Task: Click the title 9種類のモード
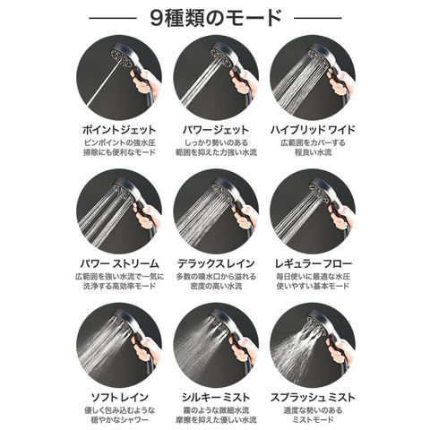pos(216,19)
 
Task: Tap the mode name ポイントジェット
pos(119,130)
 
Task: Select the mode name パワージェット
pos(216,130)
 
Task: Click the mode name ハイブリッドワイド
pos(313,130)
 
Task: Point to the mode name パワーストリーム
pos(119,263)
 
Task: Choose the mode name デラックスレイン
pos(216,263)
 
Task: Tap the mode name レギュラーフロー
pos(313,263)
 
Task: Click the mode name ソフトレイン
pos(119,397)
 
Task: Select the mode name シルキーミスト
pos(216,397)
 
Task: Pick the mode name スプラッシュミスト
pos(313,397)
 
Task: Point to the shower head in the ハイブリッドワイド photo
pos(320,56)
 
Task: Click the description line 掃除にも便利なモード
pos(119,152)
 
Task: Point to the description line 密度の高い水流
pos(216,286)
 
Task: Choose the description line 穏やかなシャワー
pos(119,419)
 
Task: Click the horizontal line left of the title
pos(113,18)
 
